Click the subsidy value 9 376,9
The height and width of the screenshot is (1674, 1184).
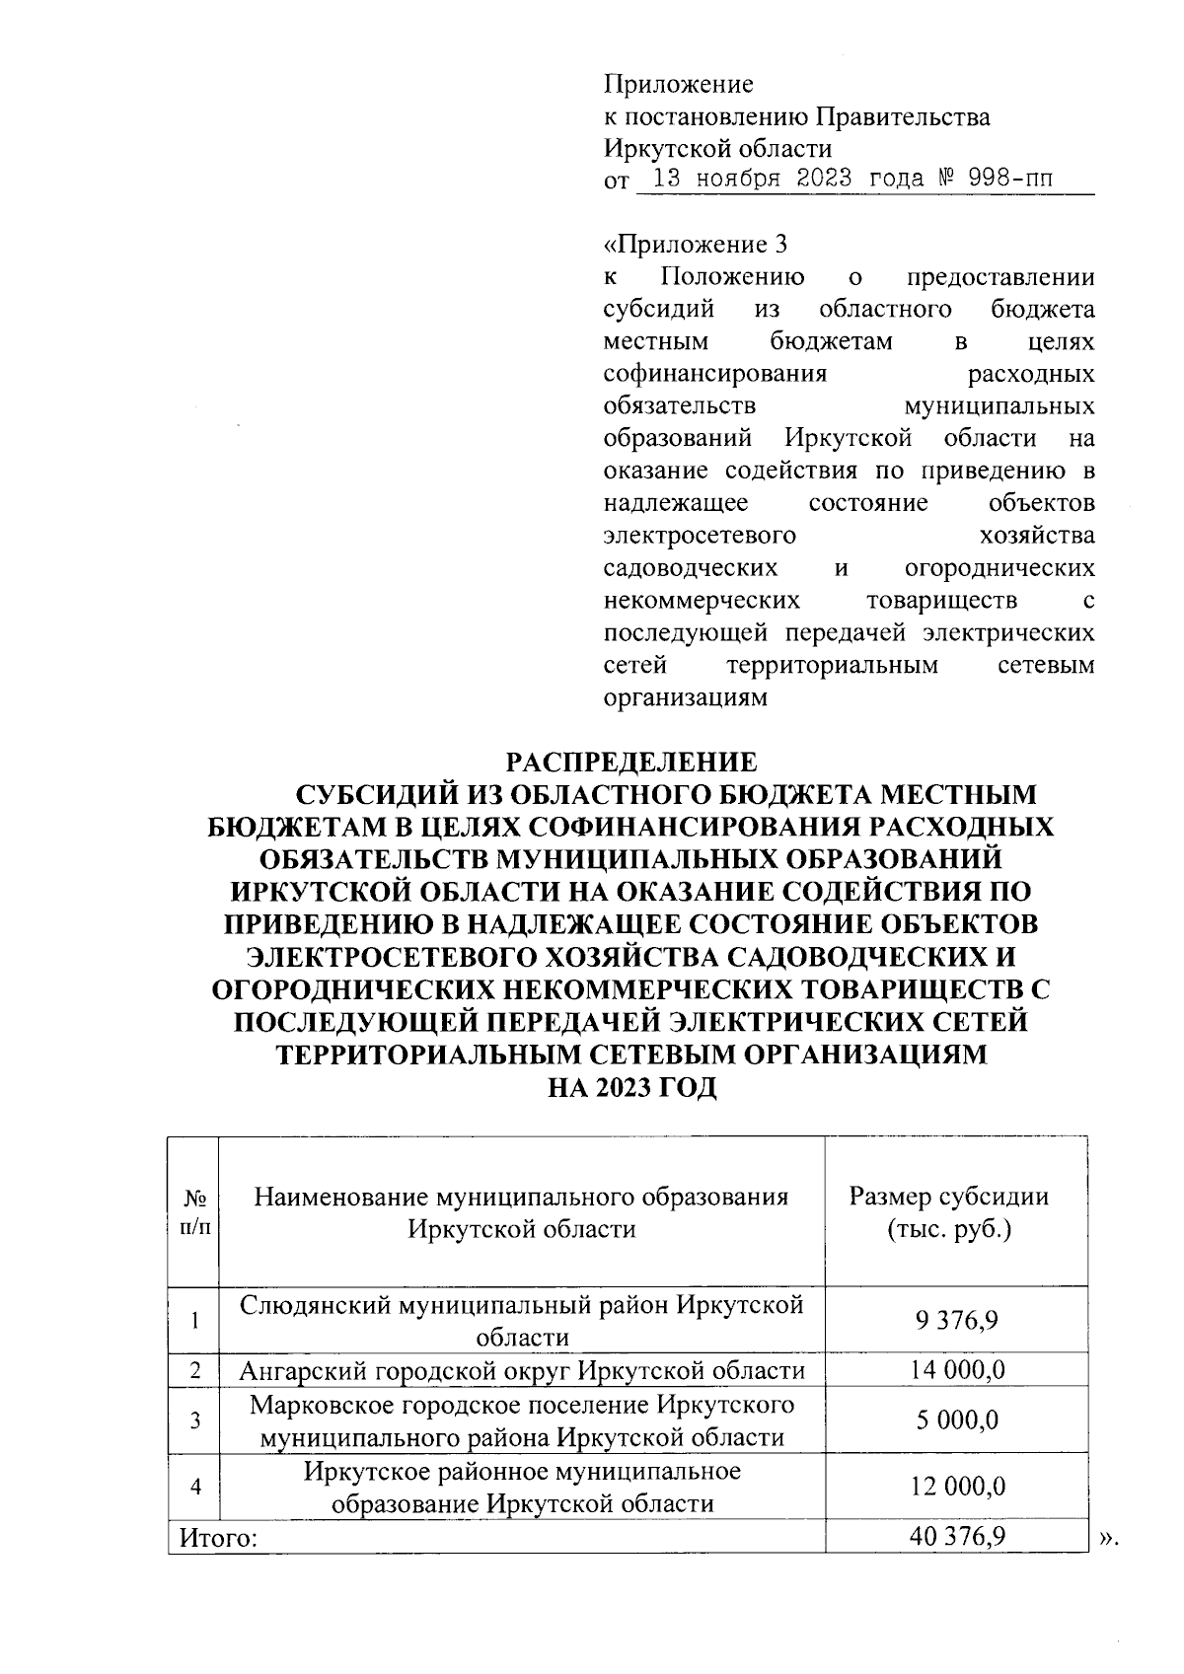(x=956, y=1320)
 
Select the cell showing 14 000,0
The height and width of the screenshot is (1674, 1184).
(x=956, y=1370)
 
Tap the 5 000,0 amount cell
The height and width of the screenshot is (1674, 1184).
(x=956, y=1420)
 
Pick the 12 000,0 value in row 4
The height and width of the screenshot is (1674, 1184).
(x=956, y=1487)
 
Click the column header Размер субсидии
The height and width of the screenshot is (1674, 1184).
(x=948, y=1198)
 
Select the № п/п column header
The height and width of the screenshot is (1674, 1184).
(x=194, y=1212)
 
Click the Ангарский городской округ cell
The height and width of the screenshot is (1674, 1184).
(x=522, y=1370)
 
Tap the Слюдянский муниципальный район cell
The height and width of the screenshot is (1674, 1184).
(x=522, y=1320)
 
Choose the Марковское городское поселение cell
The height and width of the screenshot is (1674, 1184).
(x=522, y=1420)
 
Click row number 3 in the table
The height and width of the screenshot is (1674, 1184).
(x=195, y=1420)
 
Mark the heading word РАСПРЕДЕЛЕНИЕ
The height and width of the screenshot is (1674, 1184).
(x=631, y=763)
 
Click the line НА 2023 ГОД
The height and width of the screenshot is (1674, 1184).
(x=631, y=1088)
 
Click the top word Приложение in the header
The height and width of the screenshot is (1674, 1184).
(x=678, y=85)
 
